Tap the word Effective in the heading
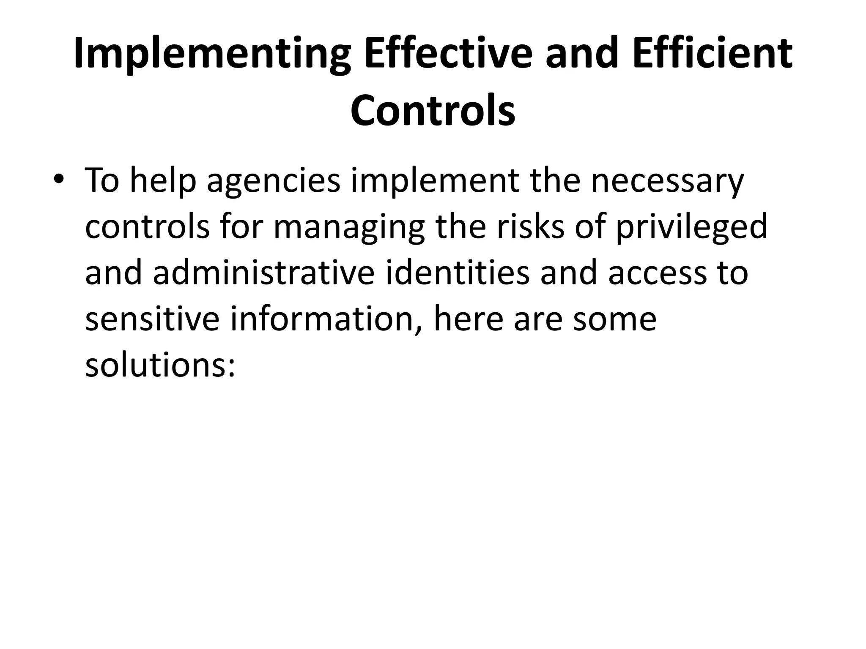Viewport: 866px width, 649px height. coord(448,54)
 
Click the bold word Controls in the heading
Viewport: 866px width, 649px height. coord(433,111)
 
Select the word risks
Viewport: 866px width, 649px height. coord(530,227)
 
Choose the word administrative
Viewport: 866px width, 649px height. coord(263,273)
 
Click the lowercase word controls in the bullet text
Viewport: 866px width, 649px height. coord(147,227)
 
